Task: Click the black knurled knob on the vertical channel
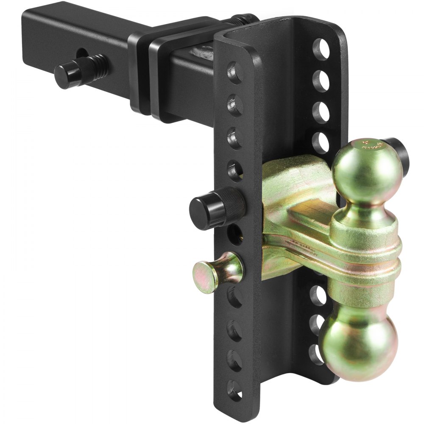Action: tap(216, 206)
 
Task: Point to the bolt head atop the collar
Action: tap(244, 19)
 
